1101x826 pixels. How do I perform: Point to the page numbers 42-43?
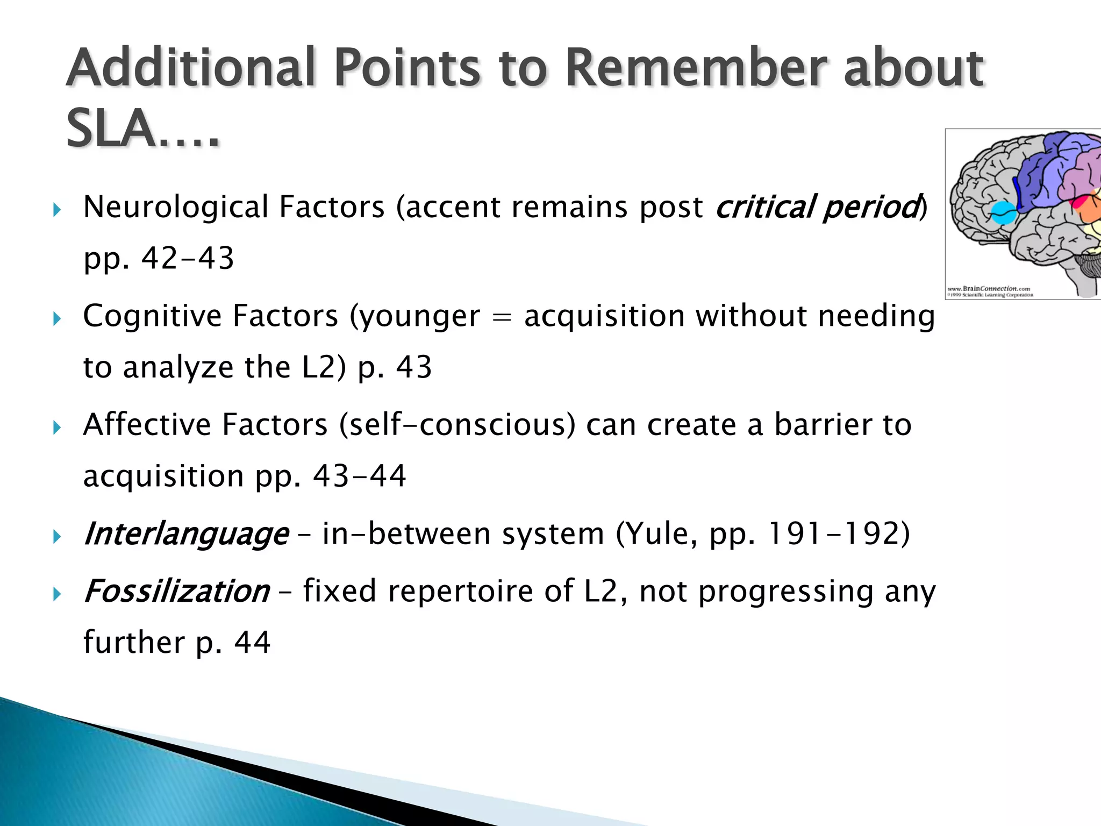pyautogui.click(x=188, y=259)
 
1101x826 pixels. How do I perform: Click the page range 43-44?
pyautogui.click(x=359, y=476)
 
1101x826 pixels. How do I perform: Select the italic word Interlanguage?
pyautogui.click(x=186, y=535)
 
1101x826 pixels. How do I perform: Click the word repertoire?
pyautogui.click(x=460, y=592)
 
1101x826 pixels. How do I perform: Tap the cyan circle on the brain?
pyautogui.click(x=1003, y=213)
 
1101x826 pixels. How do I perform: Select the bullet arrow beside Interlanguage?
pyautogui.click(x=58, y=537)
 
